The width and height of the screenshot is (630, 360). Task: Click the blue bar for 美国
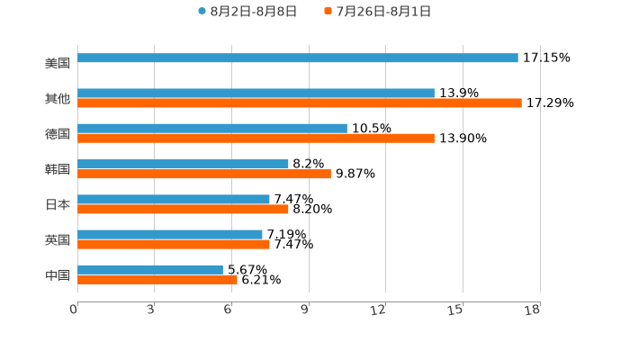[297, 58]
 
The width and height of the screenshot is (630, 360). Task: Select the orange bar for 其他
[299, 103]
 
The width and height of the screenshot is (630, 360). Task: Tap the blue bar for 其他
[256, 93]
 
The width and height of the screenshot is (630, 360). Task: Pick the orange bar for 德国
[256, 139]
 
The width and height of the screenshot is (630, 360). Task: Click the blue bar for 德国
[212, 128]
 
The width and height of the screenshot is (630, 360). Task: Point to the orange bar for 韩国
[204, 174]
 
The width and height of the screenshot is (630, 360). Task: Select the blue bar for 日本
[174, 199]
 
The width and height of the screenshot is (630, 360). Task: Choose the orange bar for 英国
[174, 244]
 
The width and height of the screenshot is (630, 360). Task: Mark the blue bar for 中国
[150, 269]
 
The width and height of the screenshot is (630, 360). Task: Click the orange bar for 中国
[157, 279]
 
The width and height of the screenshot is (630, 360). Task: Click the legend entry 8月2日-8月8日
[247, 12]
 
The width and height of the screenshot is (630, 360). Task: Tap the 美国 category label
[58, 64]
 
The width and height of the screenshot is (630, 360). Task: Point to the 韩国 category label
[58, 169]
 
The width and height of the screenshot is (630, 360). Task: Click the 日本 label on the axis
[58, 204]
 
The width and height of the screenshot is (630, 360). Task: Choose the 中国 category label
[58, 274]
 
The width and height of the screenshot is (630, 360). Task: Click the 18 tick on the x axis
[532, 310]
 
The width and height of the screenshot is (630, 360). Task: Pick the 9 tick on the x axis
[305, 310]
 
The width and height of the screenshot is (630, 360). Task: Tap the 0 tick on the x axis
[74, 310]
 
